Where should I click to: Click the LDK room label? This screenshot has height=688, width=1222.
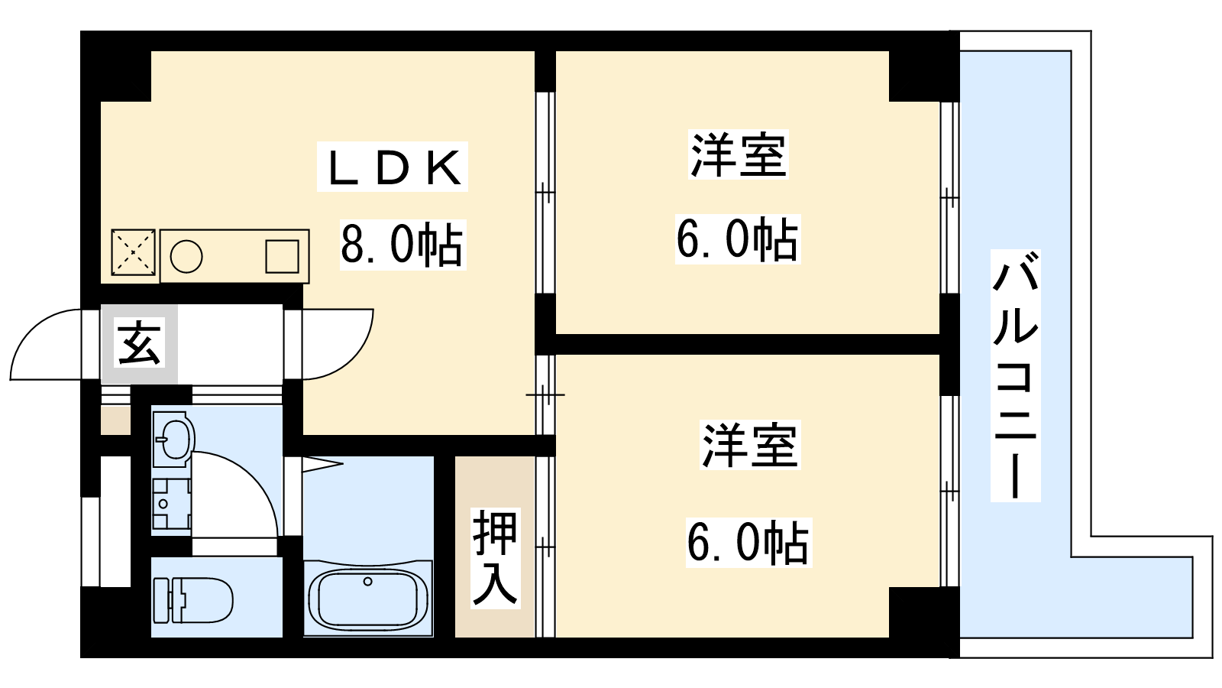coord(393,167)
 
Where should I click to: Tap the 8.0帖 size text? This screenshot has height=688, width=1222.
coord(402,245)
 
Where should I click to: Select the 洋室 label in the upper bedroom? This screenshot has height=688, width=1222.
coord(738,155)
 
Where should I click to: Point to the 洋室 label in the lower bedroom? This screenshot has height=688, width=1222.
coord(749,446)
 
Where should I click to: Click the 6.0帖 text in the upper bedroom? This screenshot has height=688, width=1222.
coord(737,239)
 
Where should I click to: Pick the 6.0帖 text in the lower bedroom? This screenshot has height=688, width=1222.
coord(748,542)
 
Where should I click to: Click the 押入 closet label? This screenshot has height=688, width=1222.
coord(495,558)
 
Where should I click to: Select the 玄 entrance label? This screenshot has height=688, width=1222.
coord(140,343)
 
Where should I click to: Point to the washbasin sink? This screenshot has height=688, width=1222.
coord(173,439)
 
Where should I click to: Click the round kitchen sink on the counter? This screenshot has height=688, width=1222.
coord(186,257)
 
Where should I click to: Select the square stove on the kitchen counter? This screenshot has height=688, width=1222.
coord(282,257)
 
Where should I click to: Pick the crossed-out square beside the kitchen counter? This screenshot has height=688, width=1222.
coord(133,252)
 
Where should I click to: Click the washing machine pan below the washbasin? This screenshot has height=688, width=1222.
coord(171,505)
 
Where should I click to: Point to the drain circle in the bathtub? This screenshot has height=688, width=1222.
coord(367,582)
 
